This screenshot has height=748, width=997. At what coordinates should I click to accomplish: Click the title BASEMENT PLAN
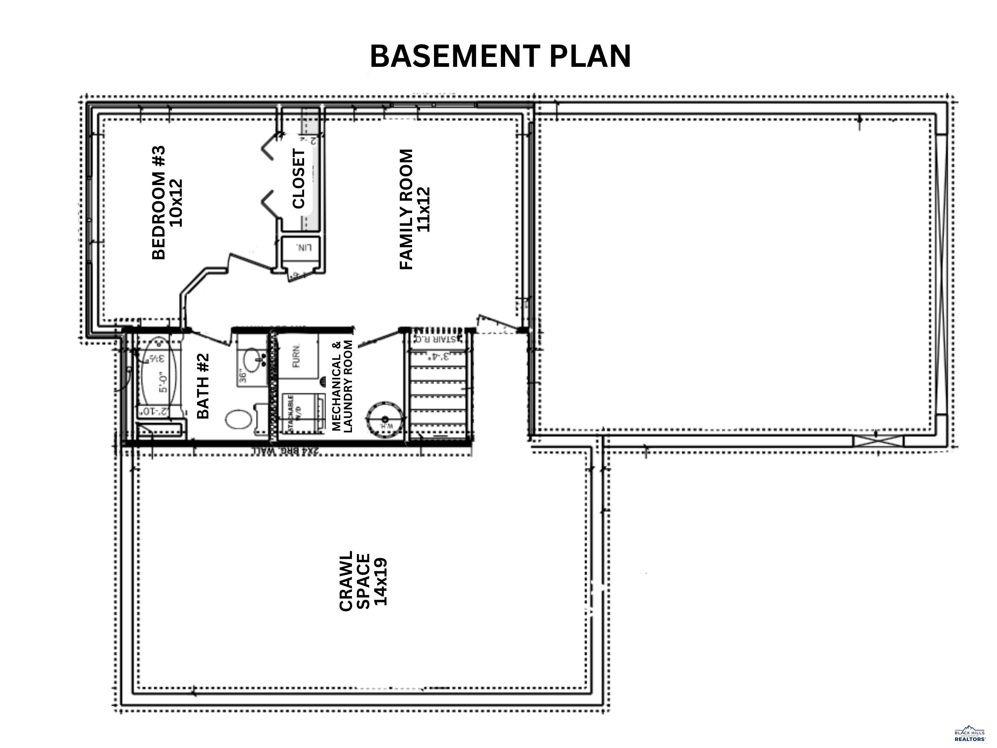point(500,57)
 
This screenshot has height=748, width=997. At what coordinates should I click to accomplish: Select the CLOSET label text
point(299,179)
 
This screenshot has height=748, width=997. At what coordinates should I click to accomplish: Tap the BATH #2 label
point(203,386)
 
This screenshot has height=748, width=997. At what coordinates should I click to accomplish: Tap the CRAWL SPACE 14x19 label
point(363,581)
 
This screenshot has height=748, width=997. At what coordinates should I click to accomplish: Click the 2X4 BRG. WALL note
point(284,451)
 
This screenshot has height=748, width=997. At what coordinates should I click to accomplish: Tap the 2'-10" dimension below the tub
point(154,411)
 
